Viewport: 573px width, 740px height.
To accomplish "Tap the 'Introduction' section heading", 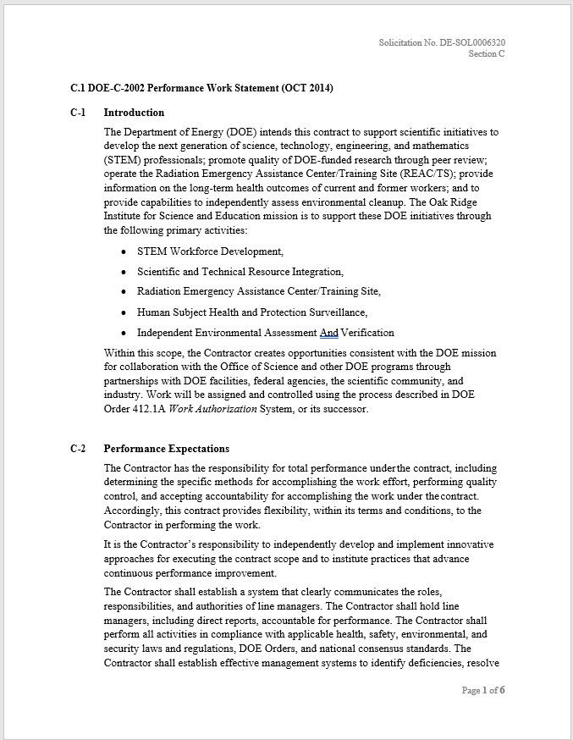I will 134,113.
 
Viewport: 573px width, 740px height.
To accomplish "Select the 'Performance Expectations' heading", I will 166,449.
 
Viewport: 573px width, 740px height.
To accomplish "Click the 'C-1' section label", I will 78,113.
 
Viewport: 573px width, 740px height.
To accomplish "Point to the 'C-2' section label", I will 78,449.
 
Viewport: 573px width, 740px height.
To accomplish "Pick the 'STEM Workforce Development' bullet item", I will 210,251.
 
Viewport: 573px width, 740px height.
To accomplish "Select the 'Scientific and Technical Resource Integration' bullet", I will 240,272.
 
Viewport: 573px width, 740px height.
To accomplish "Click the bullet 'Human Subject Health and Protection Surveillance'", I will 251,312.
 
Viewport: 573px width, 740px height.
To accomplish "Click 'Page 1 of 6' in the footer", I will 483,690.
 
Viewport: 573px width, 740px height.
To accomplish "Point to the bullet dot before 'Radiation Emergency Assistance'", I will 125,292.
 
